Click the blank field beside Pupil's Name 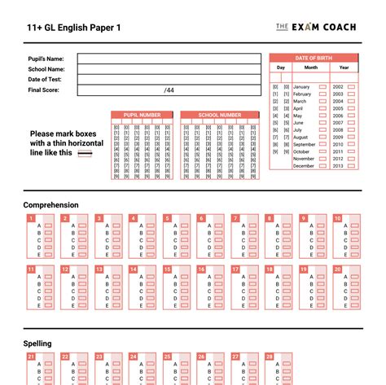tap(169, 59)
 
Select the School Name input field tap(169, 69)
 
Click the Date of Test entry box tap(169, 79)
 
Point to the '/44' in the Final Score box tap(169, 90)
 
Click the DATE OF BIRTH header tap(316, 58)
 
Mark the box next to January tap(322, 86)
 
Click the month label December tap(303, 166)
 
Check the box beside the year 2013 tap(352, 166)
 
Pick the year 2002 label tap(338, 86)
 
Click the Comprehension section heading tap(51, 205)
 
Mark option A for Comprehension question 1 tap(48, 225)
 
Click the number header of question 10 tap(337, 218)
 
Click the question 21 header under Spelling tap(31, 357)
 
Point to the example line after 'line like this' tap(84, 152)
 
